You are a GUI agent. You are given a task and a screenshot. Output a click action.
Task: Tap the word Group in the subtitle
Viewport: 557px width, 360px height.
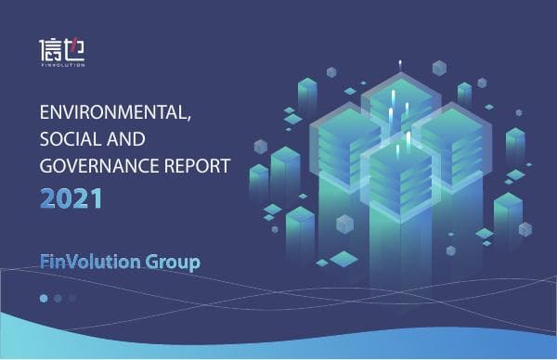pyautogui.click(x=173, y=262)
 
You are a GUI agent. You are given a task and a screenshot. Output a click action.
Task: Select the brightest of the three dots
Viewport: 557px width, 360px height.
pyautogui.click(x=43, y=298)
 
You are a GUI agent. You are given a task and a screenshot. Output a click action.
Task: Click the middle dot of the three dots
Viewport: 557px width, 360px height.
pyautogui.click(x=58, y=298)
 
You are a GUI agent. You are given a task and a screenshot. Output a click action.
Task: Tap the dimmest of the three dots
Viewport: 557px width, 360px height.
pyautogui.click(x=72, y=298)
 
